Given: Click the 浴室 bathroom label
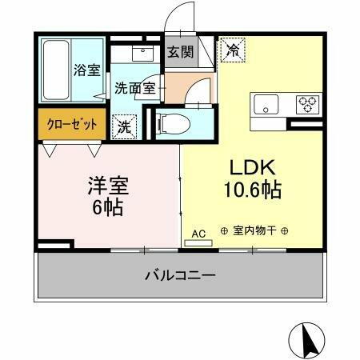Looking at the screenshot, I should pyautogui.click(x=87, y=69).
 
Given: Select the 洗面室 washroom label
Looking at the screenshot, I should pyautogui.click(x=134, y=88).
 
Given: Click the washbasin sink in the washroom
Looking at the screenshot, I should pyautogui.click(x=143, y=54).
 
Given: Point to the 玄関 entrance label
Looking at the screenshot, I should pyautogui.click(x=179, y=53).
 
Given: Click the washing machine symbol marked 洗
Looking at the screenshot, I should pyautogui.click(x=125, y=126).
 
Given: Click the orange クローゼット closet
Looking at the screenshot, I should pyautogui.click(x=71, y=124).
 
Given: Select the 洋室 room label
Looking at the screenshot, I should pyautogui.click(x=107, y=186).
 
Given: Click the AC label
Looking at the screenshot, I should pyautogui.click(x=199, y=233).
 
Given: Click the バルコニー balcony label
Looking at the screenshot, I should pyautogui.click(x=179, y=276).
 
